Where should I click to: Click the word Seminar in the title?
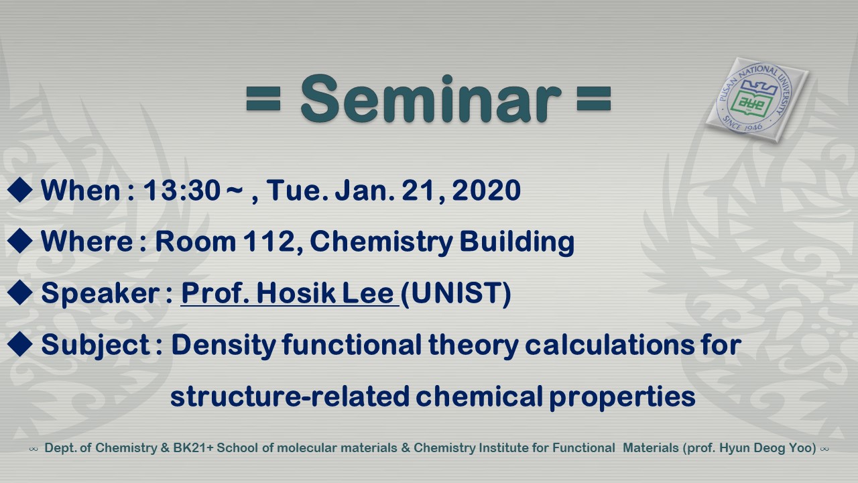point(431,99)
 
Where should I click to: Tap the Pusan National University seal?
point(757,99)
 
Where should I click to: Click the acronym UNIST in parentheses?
point(456,294)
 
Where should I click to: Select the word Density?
point(224,345)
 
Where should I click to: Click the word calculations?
point(609,344)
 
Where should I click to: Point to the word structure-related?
point(290,396)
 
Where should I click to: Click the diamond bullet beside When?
point(20,189)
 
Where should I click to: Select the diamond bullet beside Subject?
point(20,344)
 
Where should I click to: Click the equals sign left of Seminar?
point(263,99)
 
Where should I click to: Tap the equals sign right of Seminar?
point(594,99)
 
